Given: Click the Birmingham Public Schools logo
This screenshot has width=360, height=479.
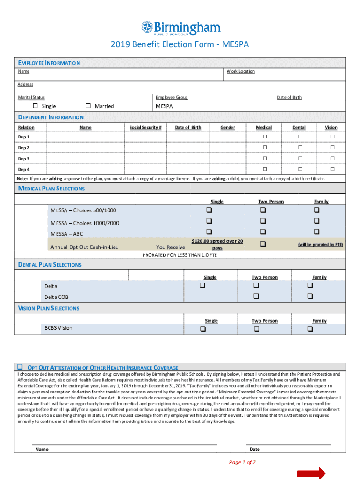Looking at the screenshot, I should [x=180, y=28].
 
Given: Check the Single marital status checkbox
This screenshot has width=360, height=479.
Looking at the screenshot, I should [x=35, y=106].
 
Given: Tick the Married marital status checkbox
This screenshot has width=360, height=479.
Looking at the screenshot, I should [x=88, y=106].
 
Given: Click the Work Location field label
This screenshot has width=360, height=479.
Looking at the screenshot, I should [x=241, y=71].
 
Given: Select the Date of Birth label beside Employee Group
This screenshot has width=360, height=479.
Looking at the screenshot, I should [x=289, y=97].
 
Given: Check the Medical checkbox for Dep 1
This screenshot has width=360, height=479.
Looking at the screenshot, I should [x=264, y=137].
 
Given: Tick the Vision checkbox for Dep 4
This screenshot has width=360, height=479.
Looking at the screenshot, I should [x=332, y=169].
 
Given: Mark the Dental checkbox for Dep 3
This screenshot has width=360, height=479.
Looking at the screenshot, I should [x=300, y=159].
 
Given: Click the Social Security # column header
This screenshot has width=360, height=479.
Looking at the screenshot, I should [x=145, y=127].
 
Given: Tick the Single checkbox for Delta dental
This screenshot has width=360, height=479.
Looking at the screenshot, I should [x=202, y=285].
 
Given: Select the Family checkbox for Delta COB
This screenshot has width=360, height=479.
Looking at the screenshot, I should [x=310, y=296].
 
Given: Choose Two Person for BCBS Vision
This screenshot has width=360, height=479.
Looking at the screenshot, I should [x=256, y=329].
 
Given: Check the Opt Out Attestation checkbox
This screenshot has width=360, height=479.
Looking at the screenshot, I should [x=21, y=367].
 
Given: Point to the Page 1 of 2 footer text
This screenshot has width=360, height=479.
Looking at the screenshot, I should [x=242, y=462].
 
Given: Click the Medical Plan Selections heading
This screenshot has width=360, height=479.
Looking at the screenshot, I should [x=51, y=189].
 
